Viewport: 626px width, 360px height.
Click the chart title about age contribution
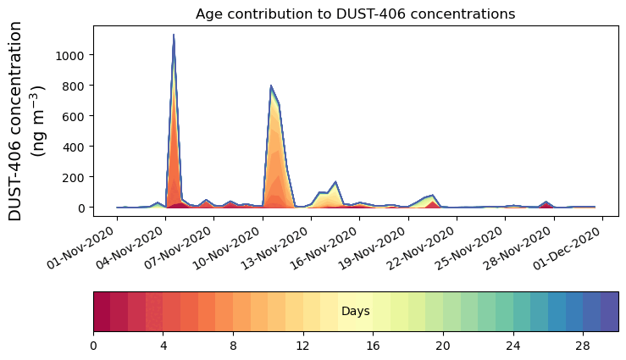click(x=355, y=14)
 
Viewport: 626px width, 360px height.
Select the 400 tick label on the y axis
click(x=73, y=147)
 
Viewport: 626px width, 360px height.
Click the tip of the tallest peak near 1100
click(x=174, y=36)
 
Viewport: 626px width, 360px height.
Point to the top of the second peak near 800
click(x=270, y=86)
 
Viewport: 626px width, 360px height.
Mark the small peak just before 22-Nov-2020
click(x=433, y=196)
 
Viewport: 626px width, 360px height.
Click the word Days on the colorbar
click(x=355, y=312)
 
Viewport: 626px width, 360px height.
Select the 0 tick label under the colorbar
click(x=93, y=346)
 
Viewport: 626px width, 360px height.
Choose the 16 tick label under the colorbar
click(x=373, y=346)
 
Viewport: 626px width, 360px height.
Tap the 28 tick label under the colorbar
click(x=583, y=346)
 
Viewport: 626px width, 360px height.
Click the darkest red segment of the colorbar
click(x=102, y=312)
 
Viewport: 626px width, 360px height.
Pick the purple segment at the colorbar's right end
click(x=609, y=312)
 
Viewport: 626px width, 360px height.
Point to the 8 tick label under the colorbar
click(x=233, y=346)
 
